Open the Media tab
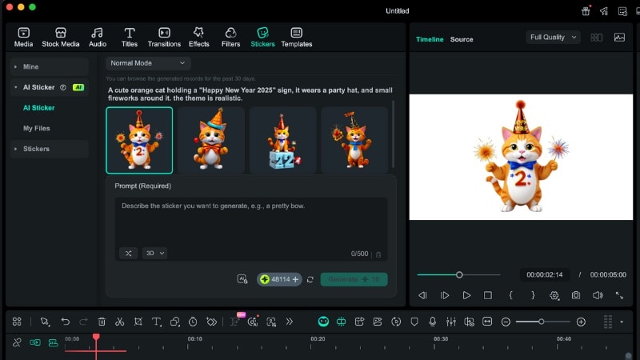[x=23, y=37]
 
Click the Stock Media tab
[x=61, y=37]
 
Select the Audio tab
[x=98, y=37]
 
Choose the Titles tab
[x=129, y=37]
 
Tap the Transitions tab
[x=164, y=37]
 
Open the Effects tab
[x=199, y=37]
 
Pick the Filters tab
[x=230, y=37]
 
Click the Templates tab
[x=296, y=37]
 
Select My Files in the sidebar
[x=36, y=128]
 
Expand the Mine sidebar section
[x=30, y=66]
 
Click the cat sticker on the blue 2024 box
[x=282, y=140]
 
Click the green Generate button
[x=354, y=279]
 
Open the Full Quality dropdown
[x=553, y=38]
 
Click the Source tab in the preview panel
[x=462, y=39]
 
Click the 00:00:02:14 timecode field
[x=544, y=274]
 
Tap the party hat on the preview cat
[x=521, y=117]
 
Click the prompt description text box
[x=250, y=220]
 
